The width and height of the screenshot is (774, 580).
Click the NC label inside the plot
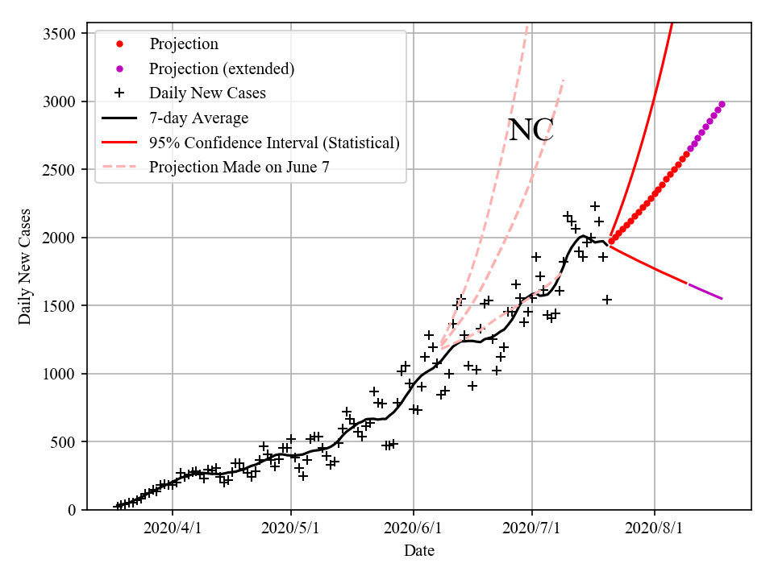(531, 130)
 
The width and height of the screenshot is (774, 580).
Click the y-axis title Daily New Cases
(25, 266)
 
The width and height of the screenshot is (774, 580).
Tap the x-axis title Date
(419, 551)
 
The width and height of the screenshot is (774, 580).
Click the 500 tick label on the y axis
(64, 442)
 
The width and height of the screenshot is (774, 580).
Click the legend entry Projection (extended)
(222, 68)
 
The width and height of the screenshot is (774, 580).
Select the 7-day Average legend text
(198, 118)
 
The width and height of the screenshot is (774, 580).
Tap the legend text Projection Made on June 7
(239, 168)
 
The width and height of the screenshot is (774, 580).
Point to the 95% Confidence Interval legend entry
(274, 143)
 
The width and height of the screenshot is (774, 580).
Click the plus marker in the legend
(119, 93)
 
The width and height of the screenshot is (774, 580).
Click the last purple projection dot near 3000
(722, 104)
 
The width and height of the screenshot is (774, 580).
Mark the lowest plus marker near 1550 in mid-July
(607, 300)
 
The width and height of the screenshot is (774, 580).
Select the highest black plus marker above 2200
(595, 207)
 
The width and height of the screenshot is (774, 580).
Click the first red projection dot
(611, 240)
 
